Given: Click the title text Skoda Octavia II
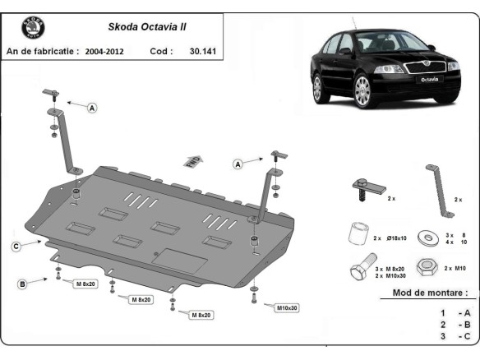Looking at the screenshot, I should (147, 26).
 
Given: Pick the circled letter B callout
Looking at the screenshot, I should (23, 284).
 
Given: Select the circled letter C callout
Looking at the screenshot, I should (16, 246).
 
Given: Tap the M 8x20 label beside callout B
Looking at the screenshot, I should (86, 284).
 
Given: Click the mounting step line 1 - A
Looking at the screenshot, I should (455, 313).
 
